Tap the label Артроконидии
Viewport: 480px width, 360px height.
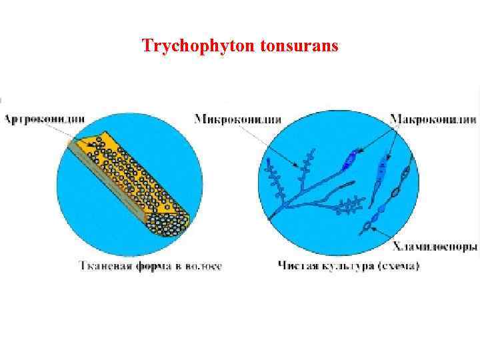pyautogui.click(x=45, y=119)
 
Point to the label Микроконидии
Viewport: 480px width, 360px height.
pyautogui.click(x=237, y=119)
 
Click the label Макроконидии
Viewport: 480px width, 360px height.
pyautogui.click(x=433, y=119)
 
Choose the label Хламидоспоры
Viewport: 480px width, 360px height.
pyautogui.click(x=435, y=247)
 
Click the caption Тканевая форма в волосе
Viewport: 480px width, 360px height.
pyautogui.click(x=151, y=265)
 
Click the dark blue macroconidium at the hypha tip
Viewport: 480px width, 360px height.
pyautogui.click(x=350, y=160)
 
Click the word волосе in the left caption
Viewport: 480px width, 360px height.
pyautogui.click(x=203, y=265)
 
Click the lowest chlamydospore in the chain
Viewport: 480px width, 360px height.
pyautogui.click(x=367, y=228)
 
